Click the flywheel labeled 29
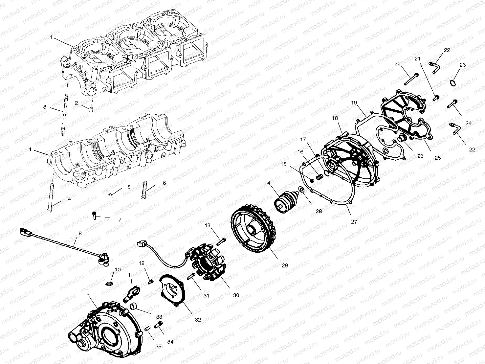pyautogui.click(x=254, y=230)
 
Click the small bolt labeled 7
pyautogui.click(x=94, y=215)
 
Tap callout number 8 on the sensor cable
pyautogui.click(x=80, y=234)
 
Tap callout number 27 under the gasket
pyautogui.click(x=354, y=222)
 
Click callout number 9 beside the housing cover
pyautogui.click(x=88, y=294)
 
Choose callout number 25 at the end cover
pyautogui.click(x=437, y=157)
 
